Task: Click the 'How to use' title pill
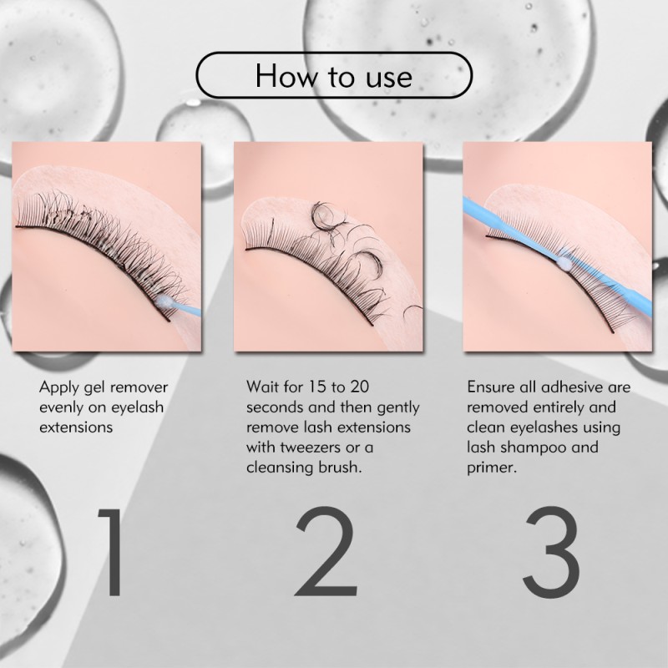[x=333, y=77]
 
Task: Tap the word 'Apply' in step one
[x=59, y=387]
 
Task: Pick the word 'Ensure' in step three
[x=488, y=387]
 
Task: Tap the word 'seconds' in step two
[x=275, y=407]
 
